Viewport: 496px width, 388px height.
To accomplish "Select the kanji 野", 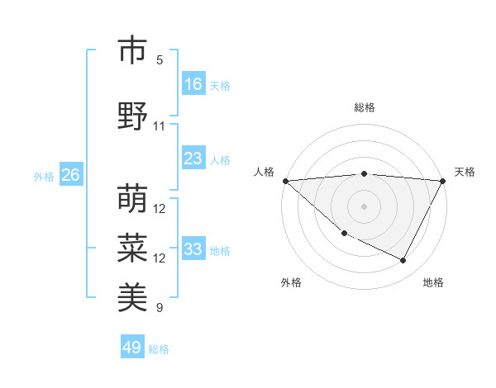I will (x=132, y=116).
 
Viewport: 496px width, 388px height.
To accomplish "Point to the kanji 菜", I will (x=132, y=248).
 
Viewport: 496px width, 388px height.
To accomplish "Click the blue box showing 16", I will (x=193, y=84).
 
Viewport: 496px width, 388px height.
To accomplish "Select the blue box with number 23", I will (x=193, y=159).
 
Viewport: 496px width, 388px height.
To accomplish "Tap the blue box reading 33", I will (x=193, y=249).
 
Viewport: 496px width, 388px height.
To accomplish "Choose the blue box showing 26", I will (x=70, y=175).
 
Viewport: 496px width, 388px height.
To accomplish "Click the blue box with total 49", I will (x=132, y=348).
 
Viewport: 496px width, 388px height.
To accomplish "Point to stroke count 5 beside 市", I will (x=160, y=60).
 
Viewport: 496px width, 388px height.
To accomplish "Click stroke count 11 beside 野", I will (x=160, y=126).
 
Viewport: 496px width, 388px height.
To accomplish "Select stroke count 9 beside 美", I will (x=160, y=308).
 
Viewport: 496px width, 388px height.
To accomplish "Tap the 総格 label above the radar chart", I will (x=365, y=107).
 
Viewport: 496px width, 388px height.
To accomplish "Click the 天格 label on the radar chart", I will (x=465, y=172).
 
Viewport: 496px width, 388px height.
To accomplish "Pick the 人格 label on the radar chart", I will (x=264, y=172).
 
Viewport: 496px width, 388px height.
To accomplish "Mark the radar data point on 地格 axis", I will (x=403, y=260).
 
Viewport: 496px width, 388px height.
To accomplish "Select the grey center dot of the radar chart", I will (x=365, y=206).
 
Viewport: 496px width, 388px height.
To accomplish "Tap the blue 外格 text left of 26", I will (x=44, y=176).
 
